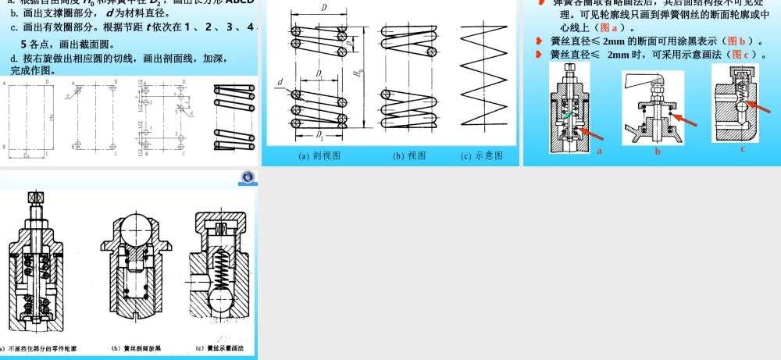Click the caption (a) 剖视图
pos(320,155)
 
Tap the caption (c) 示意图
pos(482,155)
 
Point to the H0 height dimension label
pos(358,75)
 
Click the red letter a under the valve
pos(600,150)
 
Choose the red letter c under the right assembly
pos(743,148)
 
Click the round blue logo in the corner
pos(248,178)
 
